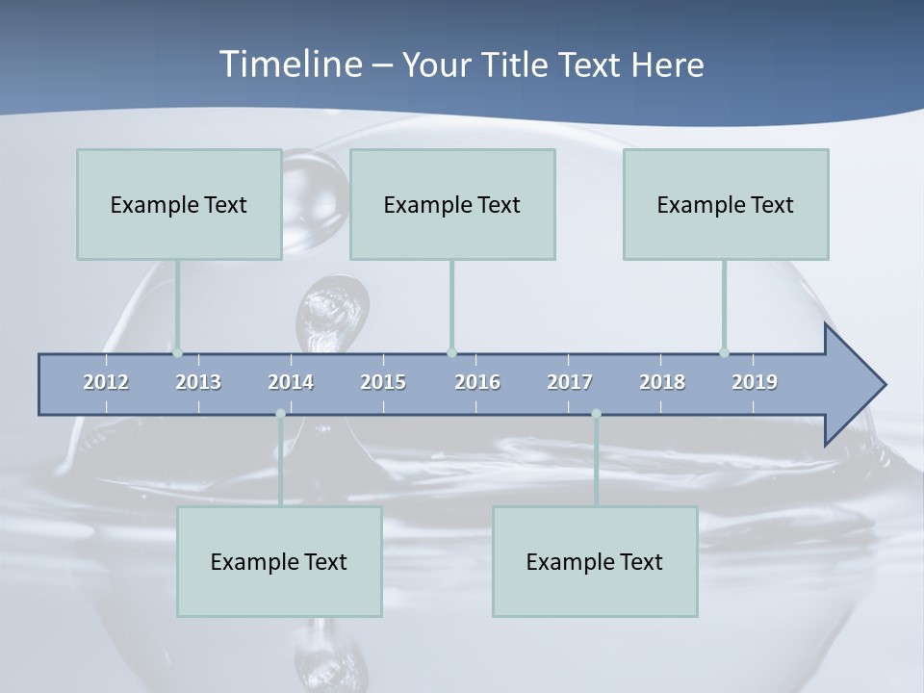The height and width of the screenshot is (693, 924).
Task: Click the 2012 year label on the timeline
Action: pyautogui.click(x=106, y=382)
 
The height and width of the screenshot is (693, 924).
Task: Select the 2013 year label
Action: pyautogui.click(x=198, y=382)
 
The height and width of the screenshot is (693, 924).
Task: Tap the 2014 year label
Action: pyautogui.click(x=291, y=382)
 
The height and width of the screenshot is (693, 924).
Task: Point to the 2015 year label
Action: pyautogui.click(x=383, y=382)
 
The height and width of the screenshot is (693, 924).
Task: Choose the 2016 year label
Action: pyautogui.click(x=477, y=382)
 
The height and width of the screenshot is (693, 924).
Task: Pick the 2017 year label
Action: pyautogui.click(x=570, y=382)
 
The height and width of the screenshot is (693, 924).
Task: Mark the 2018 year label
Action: pyautogui.click(x=662, y=382)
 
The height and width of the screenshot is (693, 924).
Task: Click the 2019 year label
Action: pyautogui.click(x=755, y=382)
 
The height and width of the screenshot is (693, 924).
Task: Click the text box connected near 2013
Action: pyautogui.click(x=179, y=204)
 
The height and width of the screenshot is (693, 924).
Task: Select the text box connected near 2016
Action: pyautogui.click(x=452, y=204)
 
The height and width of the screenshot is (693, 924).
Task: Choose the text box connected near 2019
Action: pyautogui.click(x=726, y=204)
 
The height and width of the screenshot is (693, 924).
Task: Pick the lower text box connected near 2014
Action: pyautogui.click(x=279, y=561)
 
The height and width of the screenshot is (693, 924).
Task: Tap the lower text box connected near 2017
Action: pyautogui.click(x=595, y=561)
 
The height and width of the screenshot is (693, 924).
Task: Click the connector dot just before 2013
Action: pyautogui.click(x=177, y=352)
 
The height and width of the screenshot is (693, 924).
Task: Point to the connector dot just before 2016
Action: pyautogui.click(x=451, y=352)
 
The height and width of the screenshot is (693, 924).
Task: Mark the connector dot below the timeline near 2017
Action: pyautogui.click(x=596, y=414)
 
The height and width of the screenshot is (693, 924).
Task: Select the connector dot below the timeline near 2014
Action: pyautogui.click(x=280, y=414)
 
